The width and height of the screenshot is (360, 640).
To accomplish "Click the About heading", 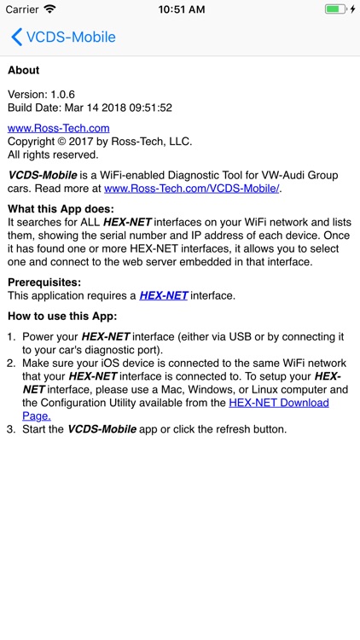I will point(24,70).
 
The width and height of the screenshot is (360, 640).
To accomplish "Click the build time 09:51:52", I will point(150,108).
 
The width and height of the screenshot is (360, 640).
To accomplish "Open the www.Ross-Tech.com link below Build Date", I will point(59,128).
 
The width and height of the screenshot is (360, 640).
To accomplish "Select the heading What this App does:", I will point(61,209).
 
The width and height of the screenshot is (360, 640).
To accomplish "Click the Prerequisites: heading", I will point(44,282).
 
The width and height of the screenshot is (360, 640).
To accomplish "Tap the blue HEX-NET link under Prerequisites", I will point(163,295).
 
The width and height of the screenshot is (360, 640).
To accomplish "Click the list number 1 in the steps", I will point(11,337).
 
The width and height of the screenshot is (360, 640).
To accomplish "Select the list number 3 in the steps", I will point(11,429).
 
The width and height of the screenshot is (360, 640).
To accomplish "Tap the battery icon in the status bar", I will point(334,9).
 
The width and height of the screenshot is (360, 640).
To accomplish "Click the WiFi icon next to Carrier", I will point(49,9).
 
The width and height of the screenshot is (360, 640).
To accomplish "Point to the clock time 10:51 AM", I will point(180,9).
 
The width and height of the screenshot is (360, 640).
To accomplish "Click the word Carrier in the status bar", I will point(22,9).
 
